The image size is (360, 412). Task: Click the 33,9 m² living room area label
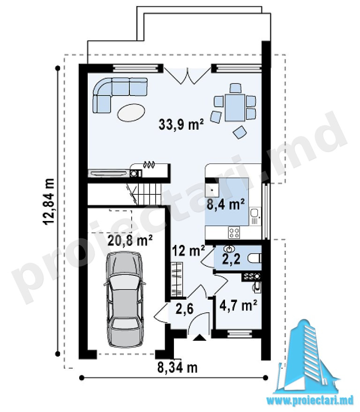point(181,124)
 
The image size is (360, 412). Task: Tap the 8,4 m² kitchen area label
point(226,204)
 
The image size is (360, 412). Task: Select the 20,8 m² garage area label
point(130,240)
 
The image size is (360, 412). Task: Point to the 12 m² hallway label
point(188,250)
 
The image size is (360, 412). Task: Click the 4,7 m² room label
point(238,305)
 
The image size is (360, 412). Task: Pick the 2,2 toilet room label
point(231,259)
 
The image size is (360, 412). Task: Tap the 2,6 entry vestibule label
point(185,309)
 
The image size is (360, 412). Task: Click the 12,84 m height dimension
point(49,201)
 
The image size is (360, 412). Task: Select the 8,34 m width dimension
point(177,368)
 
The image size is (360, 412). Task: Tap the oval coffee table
point(131,112)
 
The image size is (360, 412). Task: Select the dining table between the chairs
point(235,108)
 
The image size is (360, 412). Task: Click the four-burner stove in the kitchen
point(234,233)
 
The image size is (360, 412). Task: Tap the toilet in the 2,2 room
point(255,258)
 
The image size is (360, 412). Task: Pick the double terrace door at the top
point(187,76)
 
